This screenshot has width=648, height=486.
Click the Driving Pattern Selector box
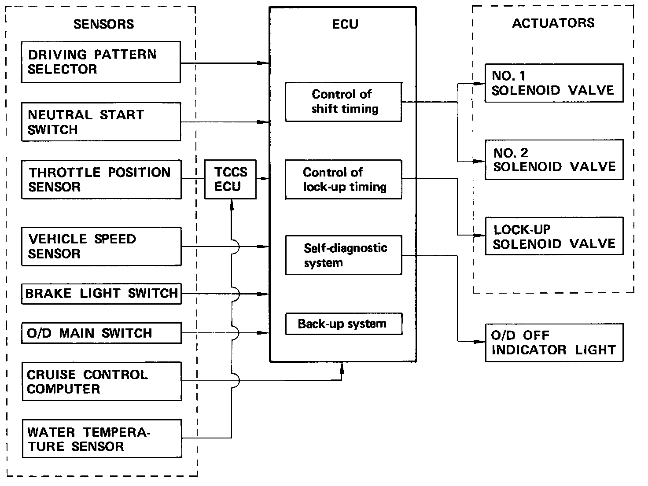point(101,62)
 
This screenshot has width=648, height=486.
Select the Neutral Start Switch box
point(101,121)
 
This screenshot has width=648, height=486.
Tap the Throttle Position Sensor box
point(101,180)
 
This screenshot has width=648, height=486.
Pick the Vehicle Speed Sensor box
point(101,247)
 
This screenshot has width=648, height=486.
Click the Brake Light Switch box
point(101,294)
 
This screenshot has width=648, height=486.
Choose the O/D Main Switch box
point(101,333)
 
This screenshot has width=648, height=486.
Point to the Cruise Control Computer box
point(102,381)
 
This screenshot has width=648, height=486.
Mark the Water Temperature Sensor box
point(102,439)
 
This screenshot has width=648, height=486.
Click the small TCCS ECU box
point(230,180)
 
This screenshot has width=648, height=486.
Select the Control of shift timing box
point(343,102)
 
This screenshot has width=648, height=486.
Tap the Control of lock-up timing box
point(343,180)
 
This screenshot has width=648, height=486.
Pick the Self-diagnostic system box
point(344,255)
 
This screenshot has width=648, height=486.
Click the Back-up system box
point(344,324)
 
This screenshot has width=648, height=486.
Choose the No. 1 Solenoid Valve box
point(554,83)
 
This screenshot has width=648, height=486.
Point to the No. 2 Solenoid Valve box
point(554,160)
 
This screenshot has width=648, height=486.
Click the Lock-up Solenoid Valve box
point(554,236)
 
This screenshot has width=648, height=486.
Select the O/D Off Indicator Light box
point(554,342)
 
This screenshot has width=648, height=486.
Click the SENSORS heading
point(103,24)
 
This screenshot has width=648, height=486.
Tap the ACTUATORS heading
point(553,23)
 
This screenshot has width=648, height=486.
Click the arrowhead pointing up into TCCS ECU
point(232,205)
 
